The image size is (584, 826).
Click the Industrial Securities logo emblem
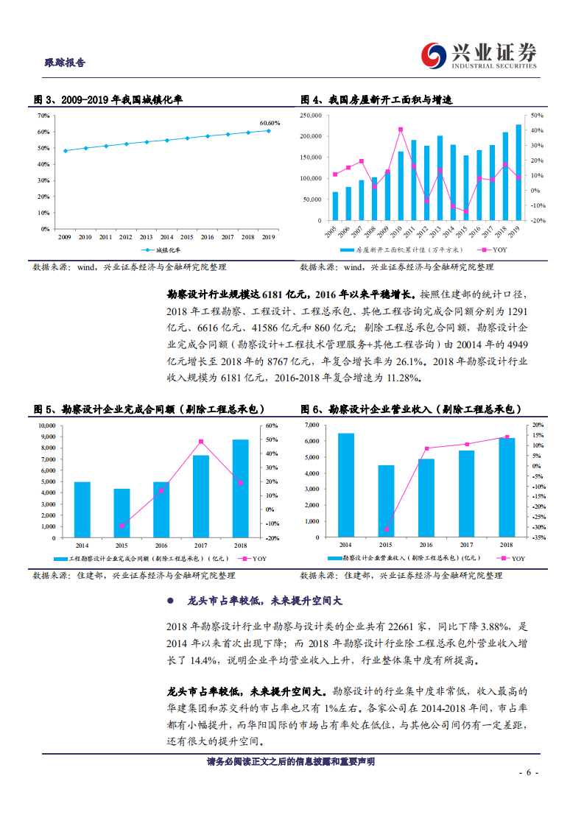coord(434,54)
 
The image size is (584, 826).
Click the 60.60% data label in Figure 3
coord(270,123)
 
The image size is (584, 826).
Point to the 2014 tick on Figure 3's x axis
coord(166,237)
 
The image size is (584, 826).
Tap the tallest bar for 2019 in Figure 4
coord(518,172)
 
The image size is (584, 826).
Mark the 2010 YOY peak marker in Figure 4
coord(400,130)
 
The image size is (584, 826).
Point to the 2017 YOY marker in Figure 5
coord(201,442)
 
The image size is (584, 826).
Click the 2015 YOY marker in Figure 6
coord(386,529)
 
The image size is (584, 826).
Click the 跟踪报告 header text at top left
coord(65,63)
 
